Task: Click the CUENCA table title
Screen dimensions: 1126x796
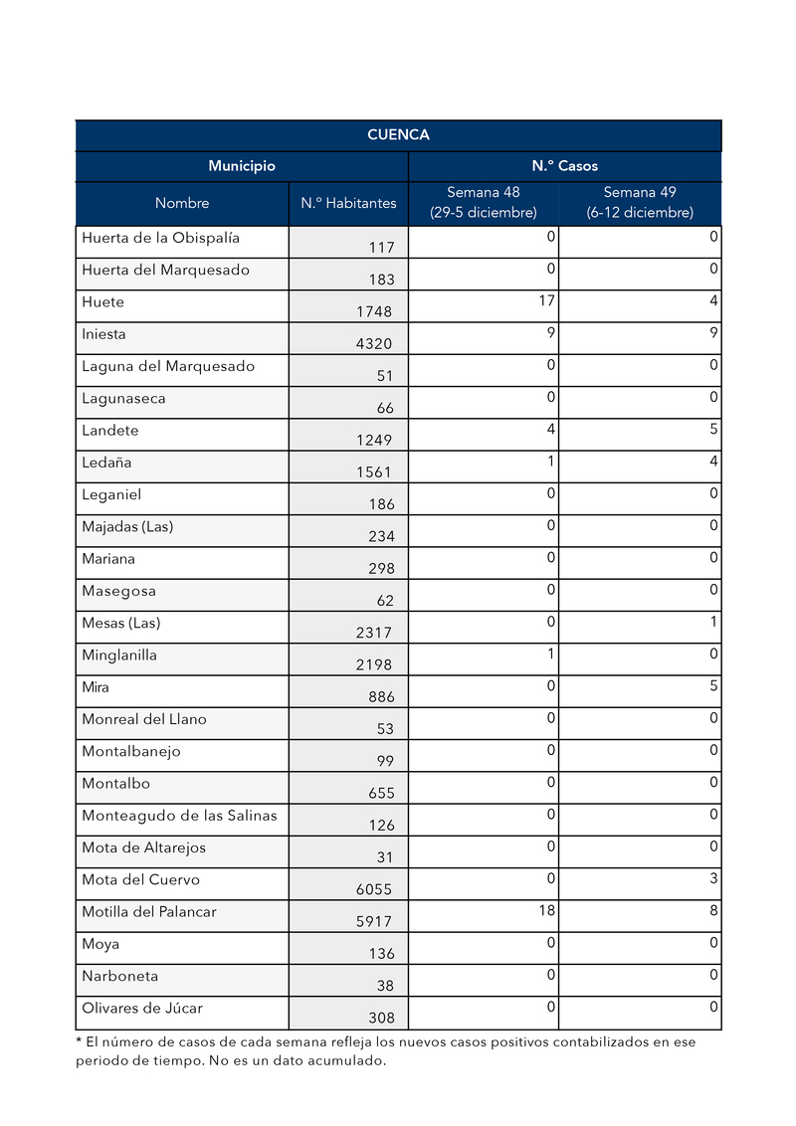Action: point(398,135)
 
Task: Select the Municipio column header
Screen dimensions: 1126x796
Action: point(242,166)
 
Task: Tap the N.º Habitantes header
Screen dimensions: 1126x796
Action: point(348,203)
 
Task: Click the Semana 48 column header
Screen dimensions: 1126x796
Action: point(484,203)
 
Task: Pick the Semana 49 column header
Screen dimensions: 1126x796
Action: point(640,203)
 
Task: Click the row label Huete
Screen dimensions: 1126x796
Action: point(103,302)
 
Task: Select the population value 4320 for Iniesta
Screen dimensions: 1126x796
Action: point(374,344)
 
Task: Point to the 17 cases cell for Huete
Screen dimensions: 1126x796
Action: point(546,299)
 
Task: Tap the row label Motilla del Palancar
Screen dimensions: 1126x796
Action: point(149,911)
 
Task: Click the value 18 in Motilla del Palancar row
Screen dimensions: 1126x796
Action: point(546,909)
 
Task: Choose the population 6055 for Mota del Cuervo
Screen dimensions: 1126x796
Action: point(374,889)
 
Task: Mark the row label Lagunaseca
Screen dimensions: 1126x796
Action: point(123,399)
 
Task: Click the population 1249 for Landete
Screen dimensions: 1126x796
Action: point(374,440)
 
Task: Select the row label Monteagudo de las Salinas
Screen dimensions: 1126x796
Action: point(179,816)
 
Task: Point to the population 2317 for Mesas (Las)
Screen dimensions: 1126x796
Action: point(374,633)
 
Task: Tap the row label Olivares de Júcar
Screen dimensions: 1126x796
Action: point(142,1008)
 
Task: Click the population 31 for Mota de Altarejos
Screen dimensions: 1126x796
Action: point(385,857)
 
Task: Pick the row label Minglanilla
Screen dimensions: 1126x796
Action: point(119,656)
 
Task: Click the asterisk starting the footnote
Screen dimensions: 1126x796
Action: point(79,1041)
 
